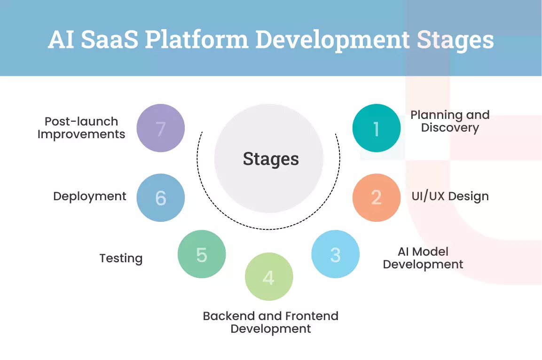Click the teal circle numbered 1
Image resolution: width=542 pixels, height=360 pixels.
click(x=377, y=128)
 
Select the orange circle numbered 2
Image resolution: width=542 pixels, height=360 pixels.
click(x=377, y=197)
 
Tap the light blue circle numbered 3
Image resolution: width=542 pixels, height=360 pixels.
click(x=335, y=254)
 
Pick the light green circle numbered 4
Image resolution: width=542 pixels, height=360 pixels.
click(x=269, y=277)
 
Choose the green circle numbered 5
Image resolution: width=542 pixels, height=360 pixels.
click(x=202, y=254)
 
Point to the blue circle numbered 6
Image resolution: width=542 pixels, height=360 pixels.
click(x=161, y=197)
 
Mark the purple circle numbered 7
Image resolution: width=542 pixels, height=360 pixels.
click(x=161, y=128)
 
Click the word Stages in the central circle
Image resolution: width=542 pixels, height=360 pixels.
click(x=271, y=159)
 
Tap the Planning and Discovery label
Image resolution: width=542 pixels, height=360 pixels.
click(x=450, y=121)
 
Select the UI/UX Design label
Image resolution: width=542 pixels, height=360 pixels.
click(x=450, y=196)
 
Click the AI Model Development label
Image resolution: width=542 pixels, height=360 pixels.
click(x=423, y=258)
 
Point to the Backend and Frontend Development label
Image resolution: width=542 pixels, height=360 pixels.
click(x=271, y=322)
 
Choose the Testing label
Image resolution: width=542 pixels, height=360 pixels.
click(x=121, y=258)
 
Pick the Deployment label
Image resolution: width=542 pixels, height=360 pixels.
click(x=90, y=196)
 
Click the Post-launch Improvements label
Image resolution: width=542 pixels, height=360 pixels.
click(x=81, y=128)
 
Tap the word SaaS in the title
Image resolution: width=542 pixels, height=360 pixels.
click(x=110, y=40)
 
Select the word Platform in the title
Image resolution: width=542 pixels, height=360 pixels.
click(x=196, y=40)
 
